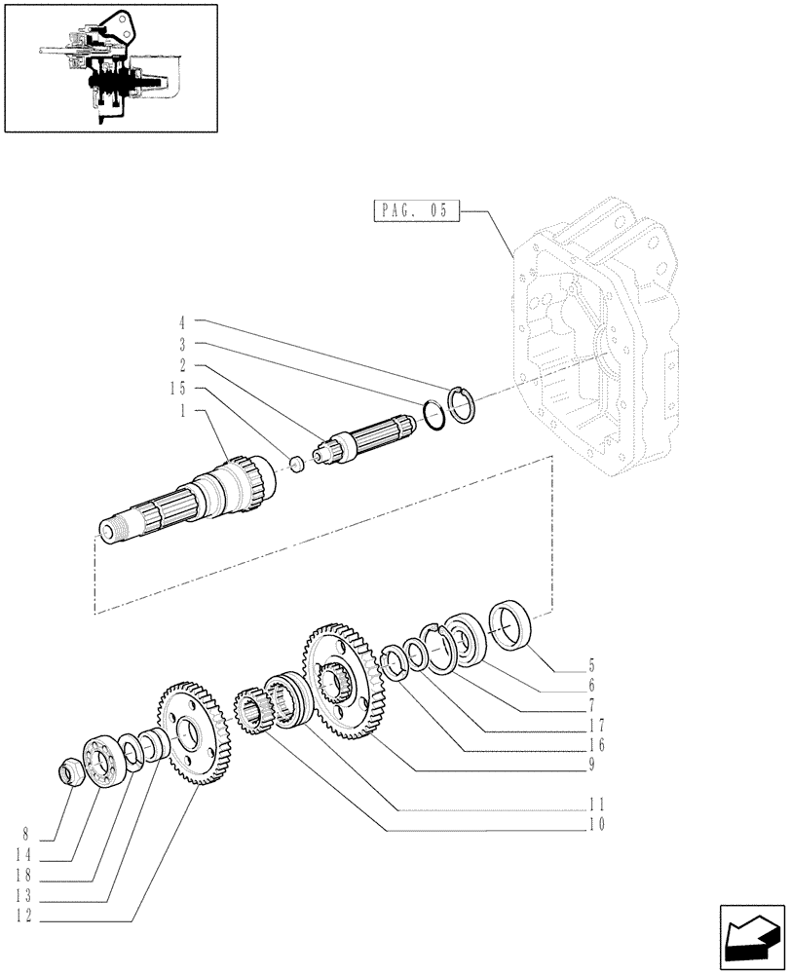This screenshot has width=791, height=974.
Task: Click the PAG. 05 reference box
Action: click(416, 210)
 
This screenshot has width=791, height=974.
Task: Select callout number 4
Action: click(182, 320)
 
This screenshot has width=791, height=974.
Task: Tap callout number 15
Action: click(175, 389)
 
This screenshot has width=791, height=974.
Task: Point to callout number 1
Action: click(182, 411)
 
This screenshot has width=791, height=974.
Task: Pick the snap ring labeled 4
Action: click(462, 403)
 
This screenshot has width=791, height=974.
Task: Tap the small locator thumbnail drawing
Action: click(110, 67)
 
